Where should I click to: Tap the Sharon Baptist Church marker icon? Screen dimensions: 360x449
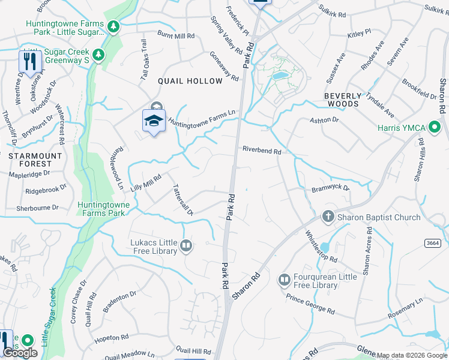pyautogui.click(x=328, y=216)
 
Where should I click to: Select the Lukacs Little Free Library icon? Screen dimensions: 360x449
pyautogui.click(x=186, y=245)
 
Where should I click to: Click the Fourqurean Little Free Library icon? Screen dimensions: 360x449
pyautogui.click(x=284, y=280)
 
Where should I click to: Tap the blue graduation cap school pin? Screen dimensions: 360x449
pyautogui.click(x=154, y=120)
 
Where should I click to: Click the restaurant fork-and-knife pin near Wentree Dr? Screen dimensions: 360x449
pyautogui.click(x=29, y=61)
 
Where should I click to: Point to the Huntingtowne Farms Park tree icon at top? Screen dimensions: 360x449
pyautogui.click(x=112, y=26)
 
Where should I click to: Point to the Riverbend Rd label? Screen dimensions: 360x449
pyautogui.click(x=262, y=151)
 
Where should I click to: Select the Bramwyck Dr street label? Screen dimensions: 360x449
pyautogui.click(x=330, y=188)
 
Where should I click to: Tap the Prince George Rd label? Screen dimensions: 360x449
pyautogui.click(x=310, y=304)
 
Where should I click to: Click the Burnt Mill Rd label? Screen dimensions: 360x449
pyautogui.click(x=176, y=36)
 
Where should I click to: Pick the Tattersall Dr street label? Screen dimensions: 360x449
pyautogui.click(x=182, y=199)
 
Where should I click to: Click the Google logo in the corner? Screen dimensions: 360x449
pyautogui.click(x=20, y=352)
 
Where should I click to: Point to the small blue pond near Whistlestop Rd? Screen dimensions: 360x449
pyautogui.click(x=324, y=247)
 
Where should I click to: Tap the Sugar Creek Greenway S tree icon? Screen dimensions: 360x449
pyautogui.click(x=100, y=55)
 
